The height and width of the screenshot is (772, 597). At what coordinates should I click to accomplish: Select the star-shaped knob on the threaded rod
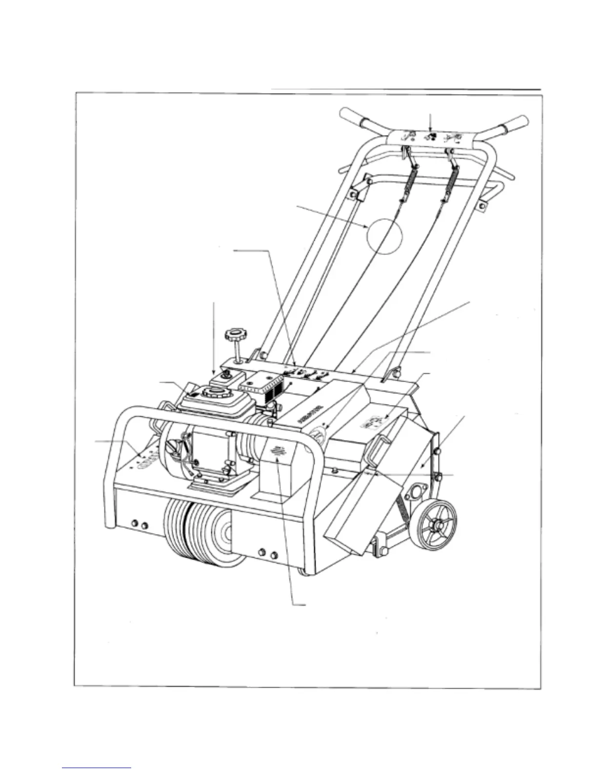(x=233, y=336)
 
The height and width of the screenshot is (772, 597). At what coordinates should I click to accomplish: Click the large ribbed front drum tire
(x=195, y=534)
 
